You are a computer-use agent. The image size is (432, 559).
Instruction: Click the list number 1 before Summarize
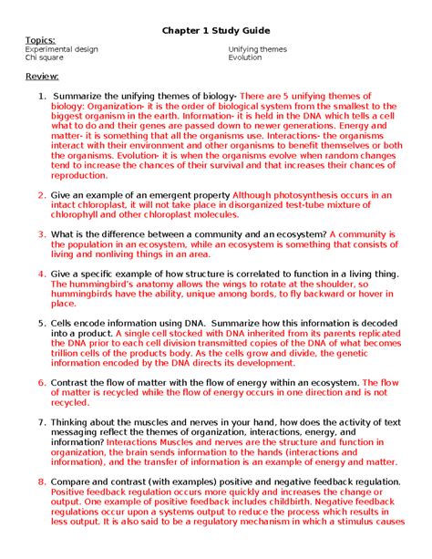tap(41, 96)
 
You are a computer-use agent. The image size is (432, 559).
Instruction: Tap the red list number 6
tap(41, 383)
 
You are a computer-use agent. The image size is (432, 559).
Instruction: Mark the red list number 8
tap(41, 481)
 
